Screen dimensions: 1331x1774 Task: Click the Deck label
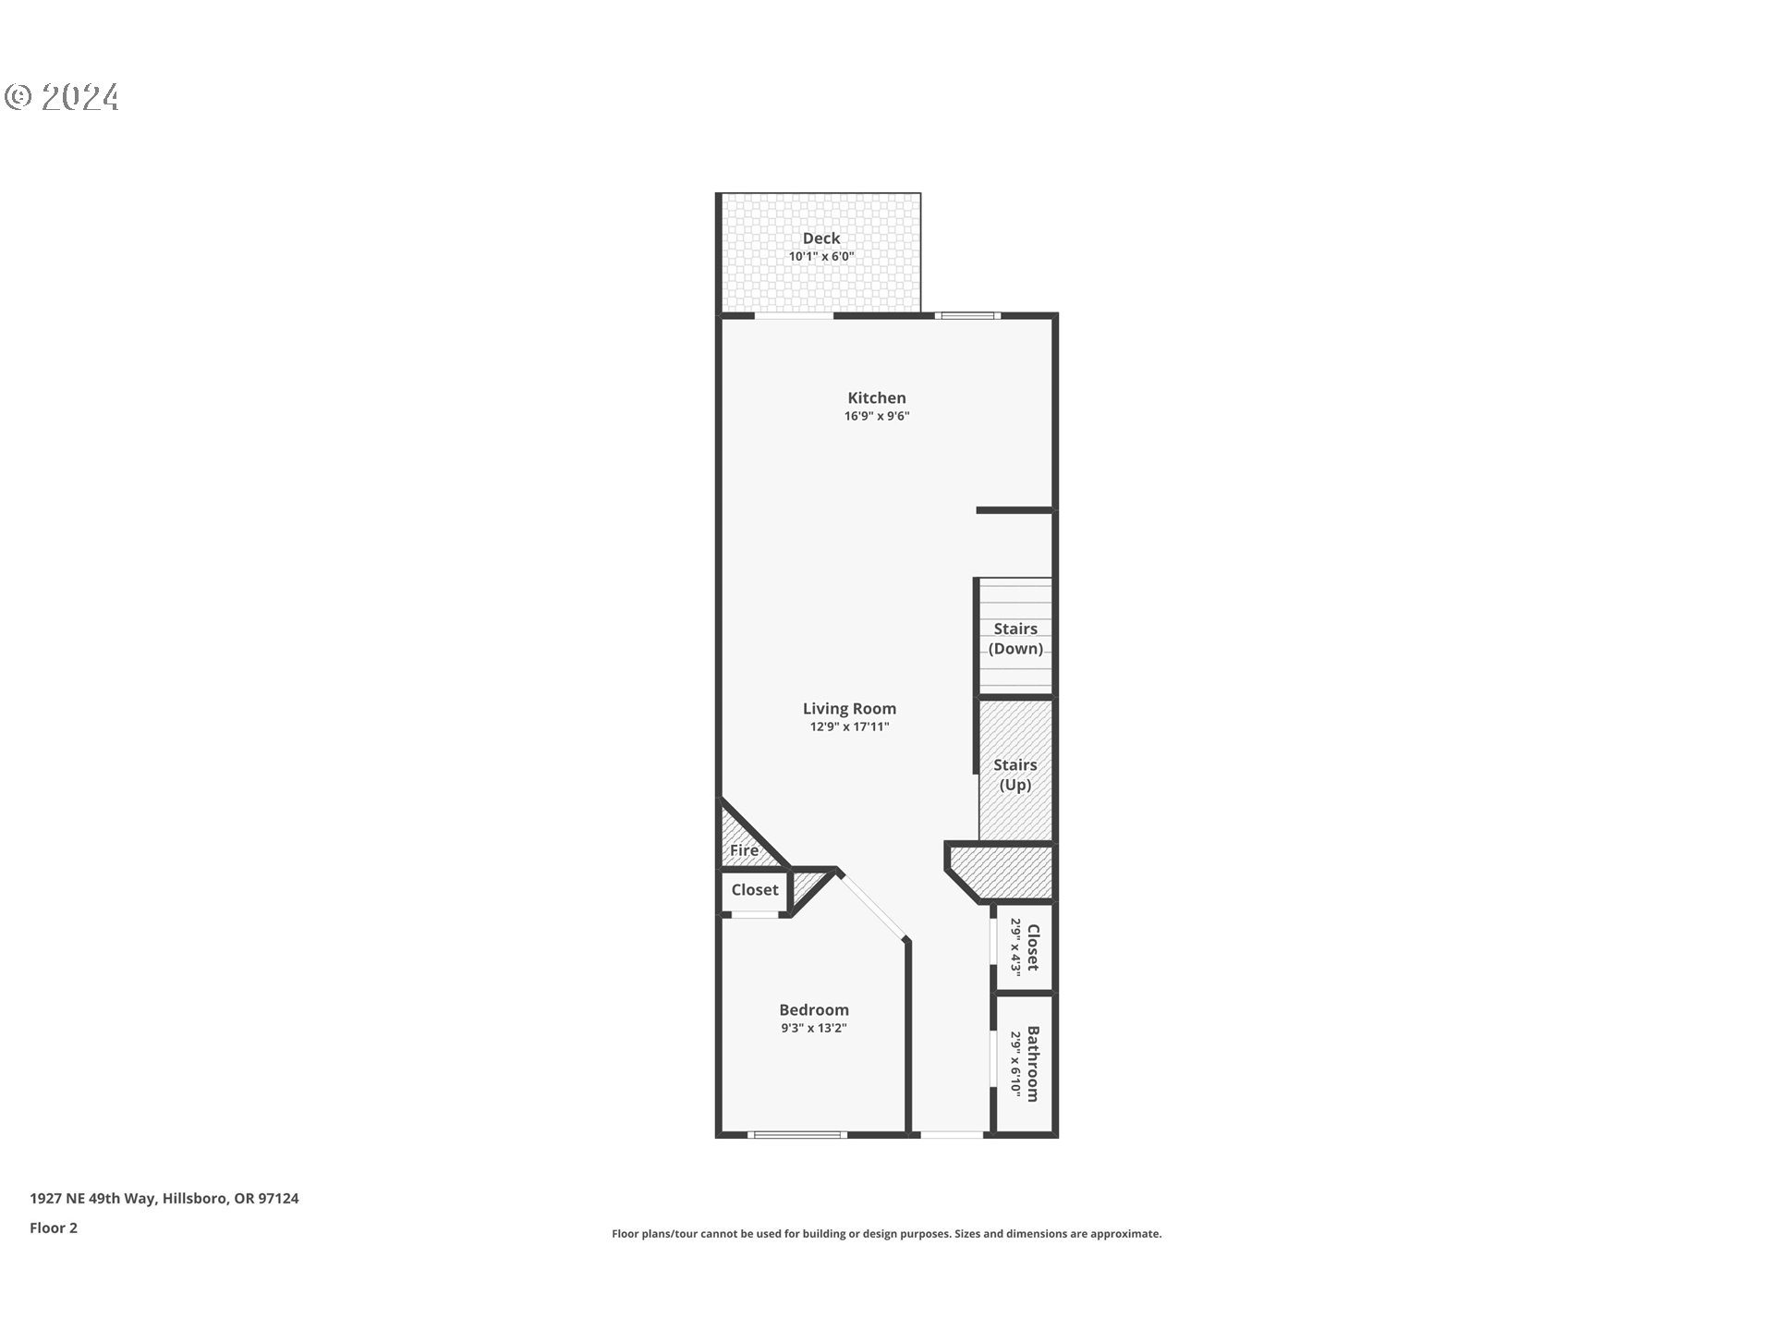820,238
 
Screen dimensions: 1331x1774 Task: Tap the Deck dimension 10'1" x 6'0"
820,257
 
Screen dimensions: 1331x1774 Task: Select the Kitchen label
876,398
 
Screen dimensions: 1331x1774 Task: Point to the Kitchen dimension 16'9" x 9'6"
876,416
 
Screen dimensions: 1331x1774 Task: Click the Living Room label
848,709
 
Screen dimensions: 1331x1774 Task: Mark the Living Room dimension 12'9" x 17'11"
848,727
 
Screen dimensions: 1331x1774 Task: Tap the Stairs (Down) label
1015,639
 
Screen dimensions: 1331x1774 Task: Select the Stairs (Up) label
1015,775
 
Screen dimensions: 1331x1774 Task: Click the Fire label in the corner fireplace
744,850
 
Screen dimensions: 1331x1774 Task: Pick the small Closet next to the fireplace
754,890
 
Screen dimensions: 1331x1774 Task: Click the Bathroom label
1032,1064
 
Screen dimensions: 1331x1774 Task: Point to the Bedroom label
813,1010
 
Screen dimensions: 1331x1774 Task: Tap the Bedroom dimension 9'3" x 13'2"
813,1029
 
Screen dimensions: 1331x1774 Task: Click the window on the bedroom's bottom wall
796,1134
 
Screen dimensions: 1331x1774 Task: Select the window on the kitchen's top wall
966,316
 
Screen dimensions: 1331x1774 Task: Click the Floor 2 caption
54,1228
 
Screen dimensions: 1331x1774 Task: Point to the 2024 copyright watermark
63,97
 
